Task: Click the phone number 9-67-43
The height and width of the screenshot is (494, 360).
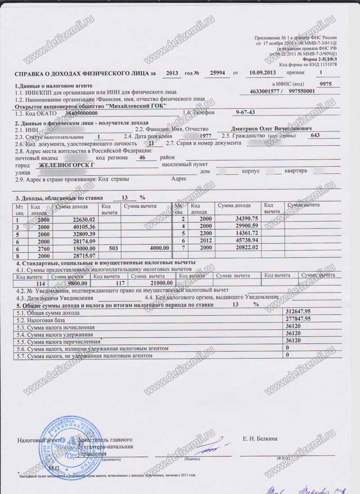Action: pyautogui.click(x=246, y=112)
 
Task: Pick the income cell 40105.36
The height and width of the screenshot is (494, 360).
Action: pyautogui.click(x=84, y=227)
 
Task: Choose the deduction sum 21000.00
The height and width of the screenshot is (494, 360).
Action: pyautogui.click(x=161, y=283)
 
